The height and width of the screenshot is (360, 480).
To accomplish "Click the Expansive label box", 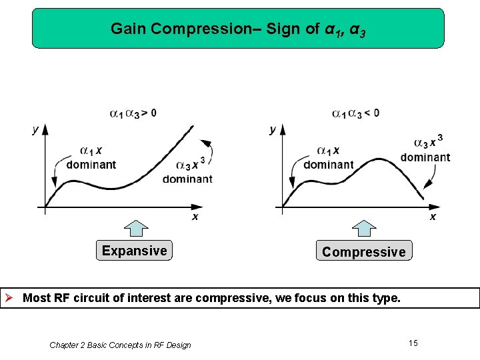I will [134, 251].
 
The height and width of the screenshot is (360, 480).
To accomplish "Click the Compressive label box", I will [363, 251].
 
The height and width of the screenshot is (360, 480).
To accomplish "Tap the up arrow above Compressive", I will [364, 228].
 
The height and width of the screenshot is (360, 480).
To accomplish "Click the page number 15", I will [413, 343].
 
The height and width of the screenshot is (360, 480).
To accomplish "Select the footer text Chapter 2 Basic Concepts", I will [120, 345].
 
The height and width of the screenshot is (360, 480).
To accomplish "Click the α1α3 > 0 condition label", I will [133, 113].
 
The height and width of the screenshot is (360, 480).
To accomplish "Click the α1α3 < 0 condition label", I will [356, 113].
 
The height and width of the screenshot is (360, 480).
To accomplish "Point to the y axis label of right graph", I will [272, 130].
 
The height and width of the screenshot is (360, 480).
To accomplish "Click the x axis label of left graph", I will [195, 217].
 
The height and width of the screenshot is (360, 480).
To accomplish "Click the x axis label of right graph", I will [433, 217].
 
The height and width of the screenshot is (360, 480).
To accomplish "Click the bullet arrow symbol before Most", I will [11, 297].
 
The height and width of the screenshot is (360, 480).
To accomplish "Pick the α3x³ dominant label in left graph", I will [187, 171].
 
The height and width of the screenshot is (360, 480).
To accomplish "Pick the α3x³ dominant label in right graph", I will [425, 149].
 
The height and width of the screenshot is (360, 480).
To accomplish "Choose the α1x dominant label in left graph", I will [91, 157].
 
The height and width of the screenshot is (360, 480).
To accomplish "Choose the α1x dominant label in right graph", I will [329, 157].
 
